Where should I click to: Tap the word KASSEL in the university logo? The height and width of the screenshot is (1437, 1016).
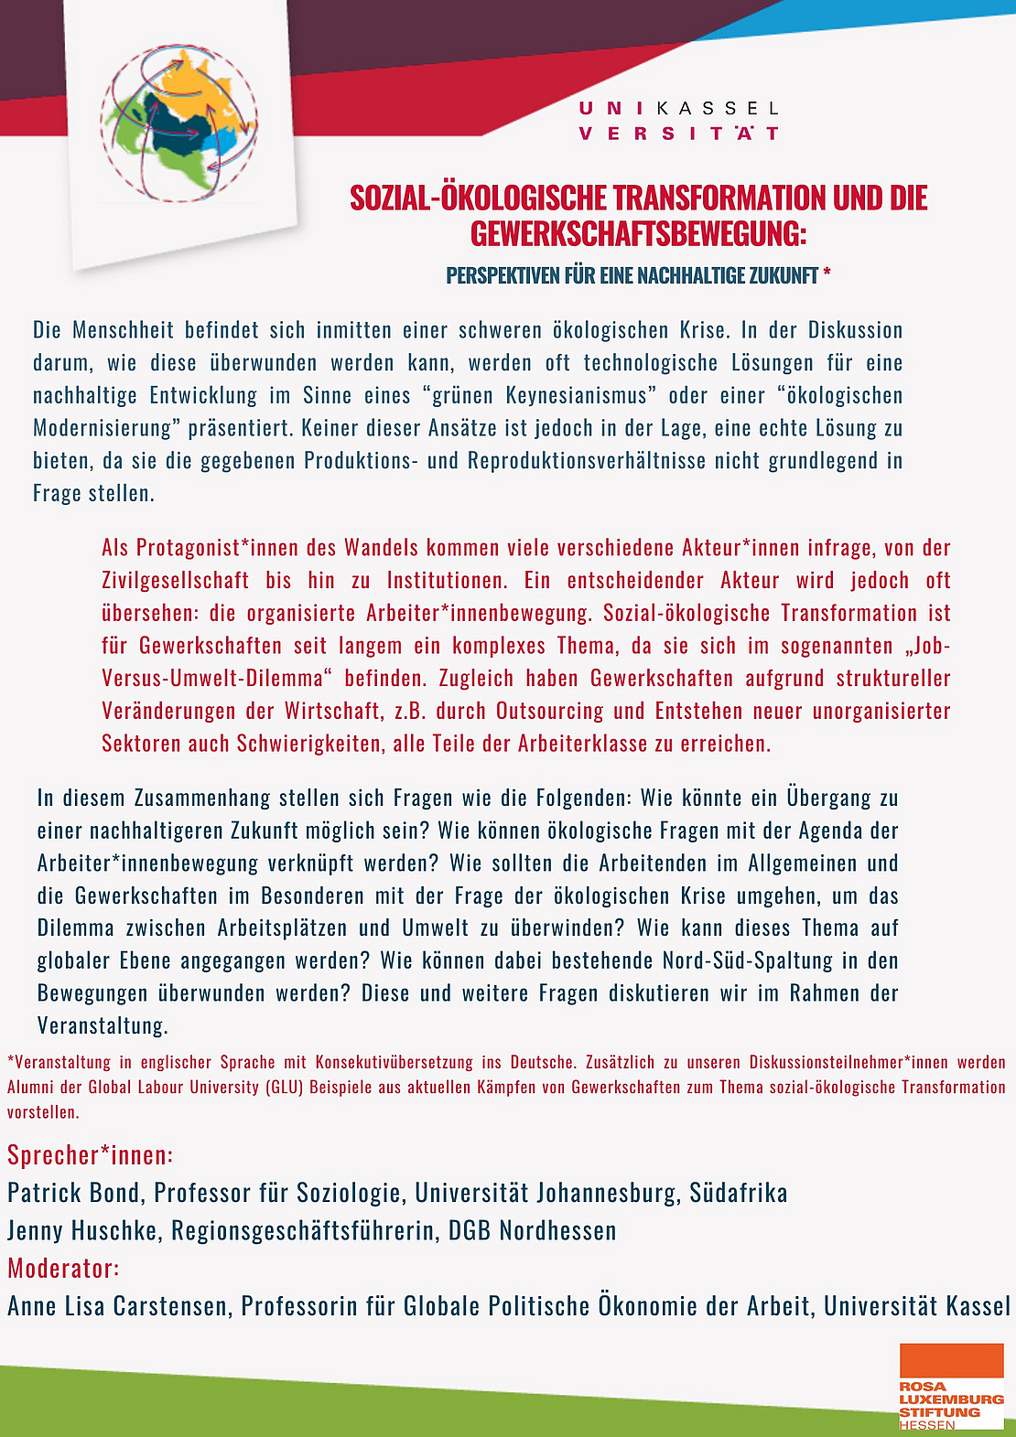[x=718, y=109]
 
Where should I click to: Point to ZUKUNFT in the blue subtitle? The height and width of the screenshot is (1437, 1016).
[x=784, y=275]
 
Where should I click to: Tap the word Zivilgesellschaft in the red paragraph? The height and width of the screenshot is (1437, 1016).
[x=175, y=581]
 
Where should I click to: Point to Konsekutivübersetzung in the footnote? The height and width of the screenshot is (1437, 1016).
[x=394, y=1063]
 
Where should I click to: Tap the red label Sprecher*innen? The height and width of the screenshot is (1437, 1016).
[x=90, y=1156]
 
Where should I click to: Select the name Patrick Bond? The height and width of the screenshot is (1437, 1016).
[x=73, y=1194]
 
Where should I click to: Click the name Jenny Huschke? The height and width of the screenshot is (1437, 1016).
[x=82, y=1231]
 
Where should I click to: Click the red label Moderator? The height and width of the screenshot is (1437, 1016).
[x=63, y=1269]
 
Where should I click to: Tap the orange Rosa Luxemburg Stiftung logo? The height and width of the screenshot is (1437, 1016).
[x=951, y=1385]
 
